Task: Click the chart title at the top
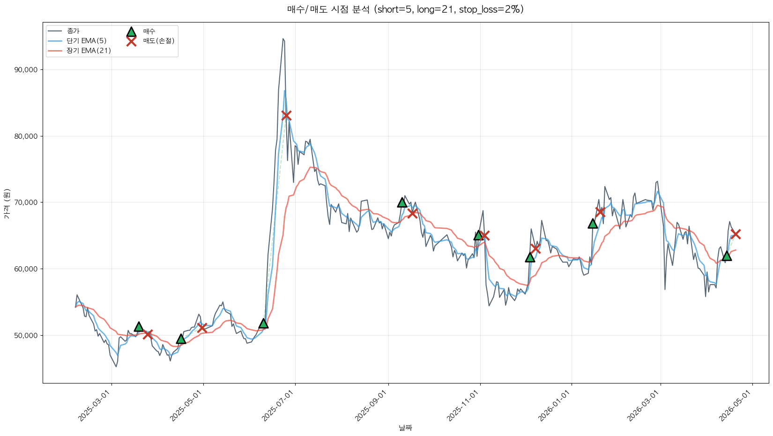click(x=405, y=9)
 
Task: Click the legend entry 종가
click(x=73, y=31)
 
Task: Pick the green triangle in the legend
click(x=131, y=31)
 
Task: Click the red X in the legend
click(x=131, y=41)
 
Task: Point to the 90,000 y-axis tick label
click(x=26, y=70)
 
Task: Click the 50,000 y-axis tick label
click(x=26, y=336)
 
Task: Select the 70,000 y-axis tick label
click(x=26, y=203)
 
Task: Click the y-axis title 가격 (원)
click(x=7, y=203)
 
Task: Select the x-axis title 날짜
click(x=405, y=428)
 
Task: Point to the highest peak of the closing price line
click(x=283, y=39)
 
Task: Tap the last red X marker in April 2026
click(x=736, y=234)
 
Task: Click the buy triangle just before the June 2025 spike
click(x=263, y=323)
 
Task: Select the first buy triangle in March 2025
click(x=139, y=326)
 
